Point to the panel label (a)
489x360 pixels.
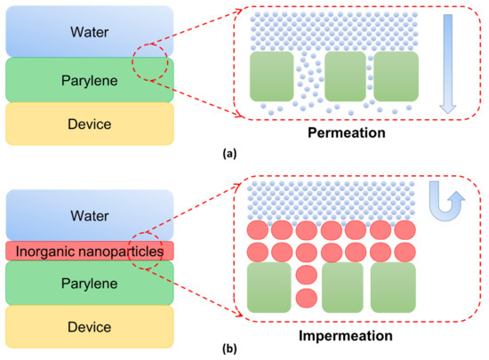pos(244,154)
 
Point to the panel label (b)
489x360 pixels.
pos(244,351)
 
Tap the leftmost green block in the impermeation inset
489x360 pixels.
pos(270,286)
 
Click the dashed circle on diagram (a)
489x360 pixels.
pos(147,63)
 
